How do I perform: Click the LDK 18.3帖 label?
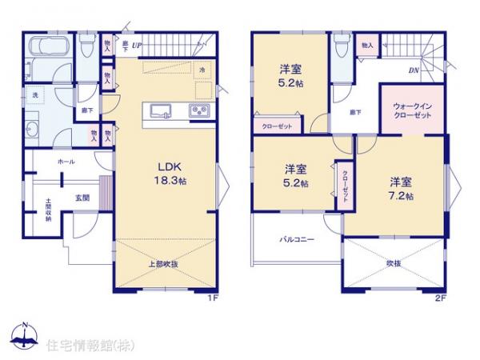click(170, 174)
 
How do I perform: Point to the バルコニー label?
click(297, 239)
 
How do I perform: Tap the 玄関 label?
click(82, 197)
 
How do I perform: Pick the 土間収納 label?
click(48, 210)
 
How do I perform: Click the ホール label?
click(66, 162)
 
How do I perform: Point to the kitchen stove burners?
click(198, 110)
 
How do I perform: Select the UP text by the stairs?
click(137, 45)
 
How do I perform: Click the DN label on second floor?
click(414, 70)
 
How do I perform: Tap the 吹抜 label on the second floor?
click(392, 263)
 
